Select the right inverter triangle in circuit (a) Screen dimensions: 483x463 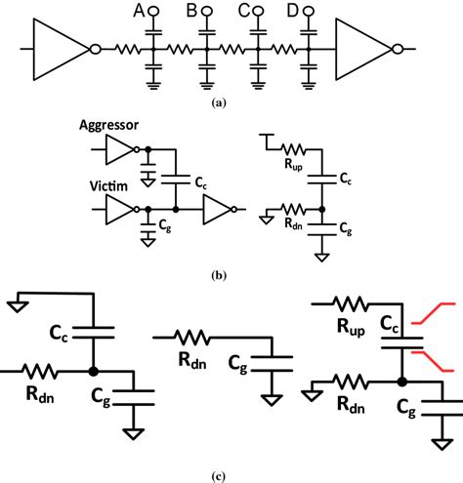pos(363,48)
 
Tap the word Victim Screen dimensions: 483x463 pos(100,189)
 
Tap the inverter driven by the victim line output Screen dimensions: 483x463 pos(218,210)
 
